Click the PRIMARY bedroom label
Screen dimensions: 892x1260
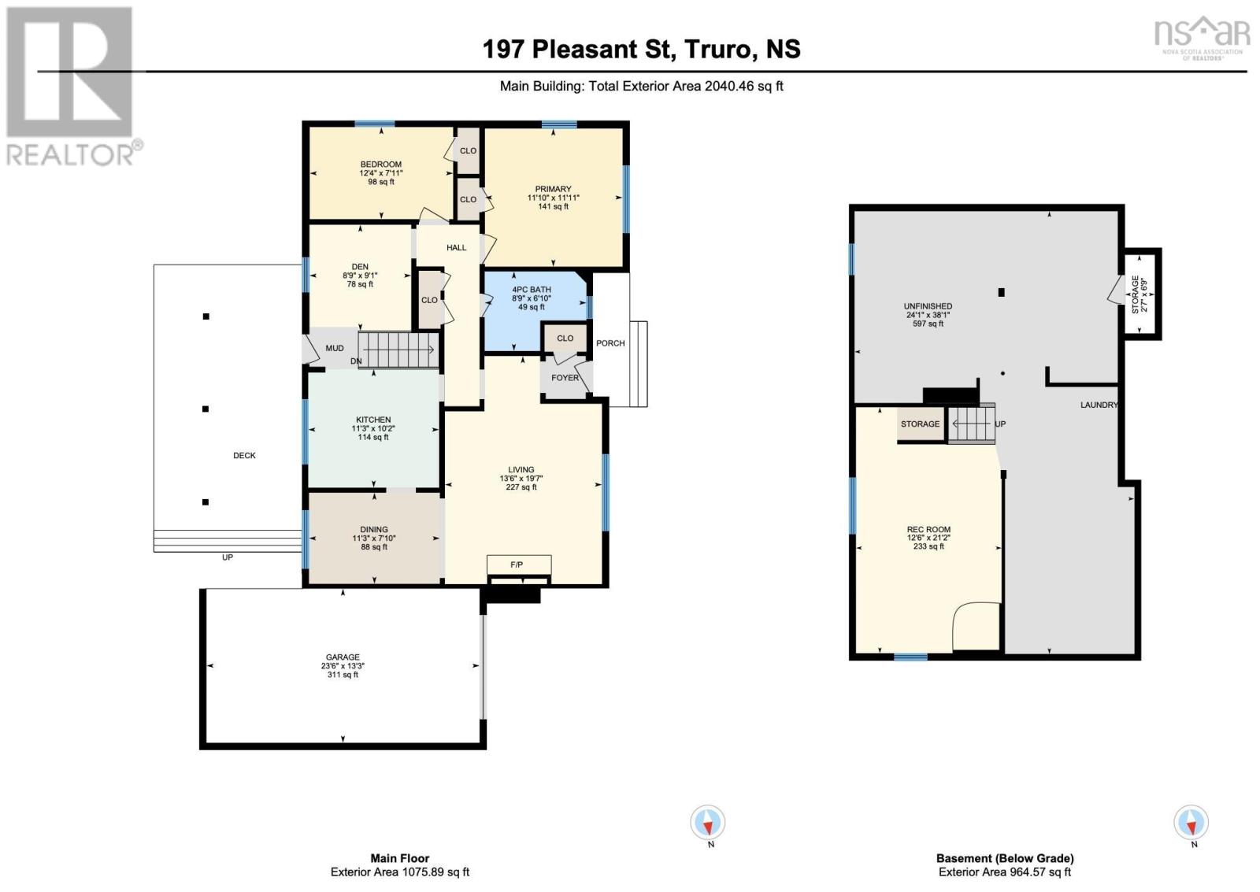[x=553, y=189]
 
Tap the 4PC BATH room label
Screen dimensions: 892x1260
[x=531, y=290]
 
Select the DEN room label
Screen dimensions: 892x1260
[x=360, y=267]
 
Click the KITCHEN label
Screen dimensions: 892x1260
[x=373, y=420]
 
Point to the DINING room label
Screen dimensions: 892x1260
[x=374, y=530]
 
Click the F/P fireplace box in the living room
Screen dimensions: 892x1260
[x=517, y=565]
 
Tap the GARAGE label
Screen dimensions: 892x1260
[x=343, y=657]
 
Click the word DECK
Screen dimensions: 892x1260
[x=244, y=456]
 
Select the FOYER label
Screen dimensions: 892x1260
[x=565, y=378]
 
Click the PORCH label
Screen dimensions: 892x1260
[x=610, y=343]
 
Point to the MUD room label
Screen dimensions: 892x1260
[x=335, y=348]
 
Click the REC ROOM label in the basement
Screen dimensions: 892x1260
[x=928, y=530]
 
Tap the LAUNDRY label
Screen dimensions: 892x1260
[x=1099, y=405]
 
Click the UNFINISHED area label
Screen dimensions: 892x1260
[x=928, y=306]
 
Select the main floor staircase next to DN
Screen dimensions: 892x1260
[x=398, y=350]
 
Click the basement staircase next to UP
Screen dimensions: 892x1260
[x=971, y=424]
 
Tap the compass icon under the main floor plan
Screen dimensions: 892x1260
[x=708, y=823]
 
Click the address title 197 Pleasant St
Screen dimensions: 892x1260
[x=579, y=49]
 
